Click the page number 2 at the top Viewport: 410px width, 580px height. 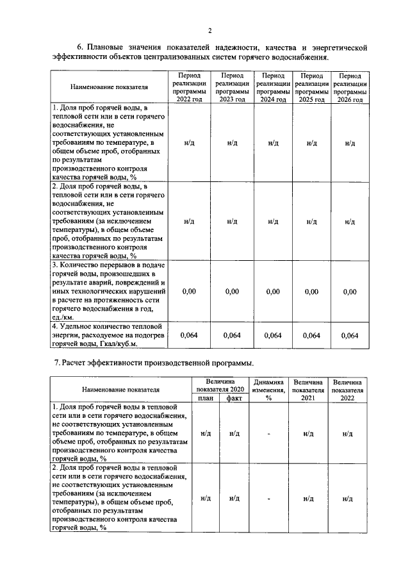(x=209, y=30)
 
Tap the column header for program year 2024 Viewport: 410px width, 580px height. (x=273, y=87)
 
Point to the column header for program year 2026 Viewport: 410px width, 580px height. (x=350, y=87)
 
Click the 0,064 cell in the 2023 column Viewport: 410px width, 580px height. (x=232, y=335)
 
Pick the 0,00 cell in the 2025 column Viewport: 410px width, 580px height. (x=311, y=292)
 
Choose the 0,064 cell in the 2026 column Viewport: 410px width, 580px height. (x=350, y=335)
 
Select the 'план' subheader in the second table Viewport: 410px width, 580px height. (x=206, y=397)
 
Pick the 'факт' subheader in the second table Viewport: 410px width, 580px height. (x=234, y=397)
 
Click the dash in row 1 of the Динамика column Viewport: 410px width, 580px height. (x=269, y=434)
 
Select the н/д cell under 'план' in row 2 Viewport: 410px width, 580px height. (x=206, y=498)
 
